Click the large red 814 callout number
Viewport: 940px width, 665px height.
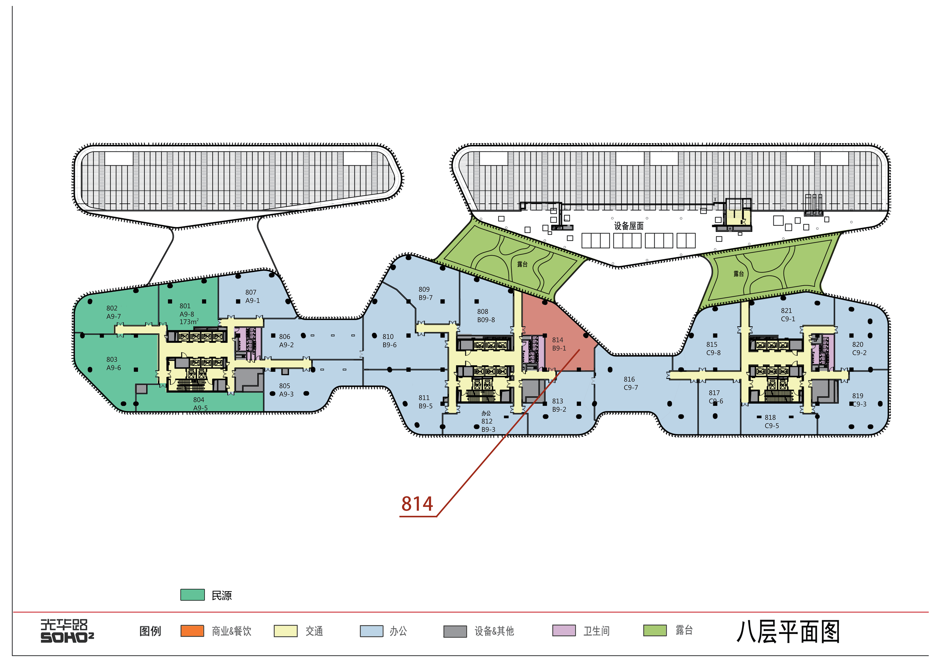click(x=417, y=504)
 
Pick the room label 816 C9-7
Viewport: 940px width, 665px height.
click(x=631, y=383)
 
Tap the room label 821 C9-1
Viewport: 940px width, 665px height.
click(x=788, y=314)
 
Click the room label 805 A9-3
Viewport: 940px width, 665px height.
click(x=286, y=390)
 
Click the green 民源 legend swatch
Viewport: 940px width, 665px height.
click(x=193, y=594)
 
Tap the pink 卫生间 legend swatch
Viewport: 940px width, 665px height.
click(x=564, y=631)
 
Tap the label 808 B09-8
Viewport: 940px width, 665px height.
click(x=486, y=315)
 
